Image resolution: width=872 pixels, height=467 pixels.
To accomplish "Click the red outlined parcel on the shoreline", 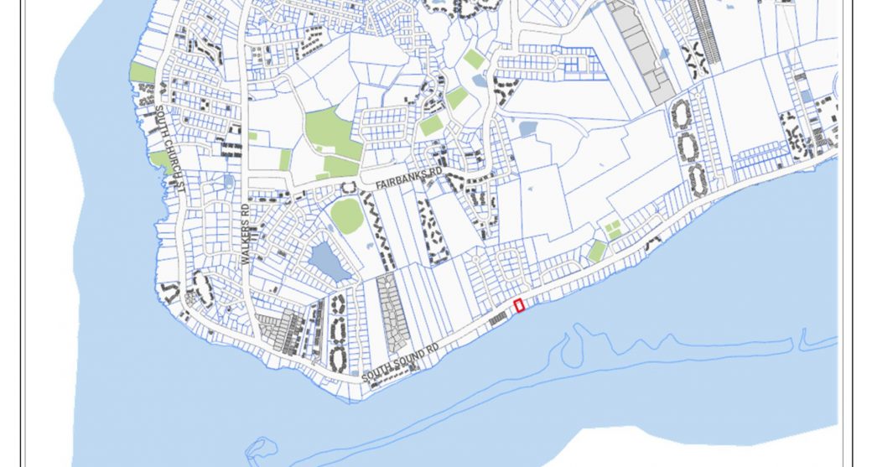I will (519, 305).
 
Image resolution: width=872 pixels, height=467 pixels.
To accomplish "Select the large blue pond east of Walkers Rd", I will (330, 262).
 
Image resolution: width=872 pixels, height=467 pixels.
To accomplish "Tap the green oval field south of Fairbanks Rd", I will (346, 215).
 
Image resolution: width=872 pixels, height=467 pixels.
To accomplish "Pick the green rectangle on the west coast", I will (143, 73).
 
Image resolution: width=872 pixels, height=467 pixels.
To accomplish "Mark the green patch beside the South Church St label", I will (161, 161).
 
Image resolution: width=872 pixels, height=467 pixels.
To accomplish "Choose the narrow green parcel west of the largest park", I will (285, 159).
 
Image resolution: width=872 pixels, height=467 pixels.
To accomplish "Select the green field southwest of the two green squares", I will (596, 251).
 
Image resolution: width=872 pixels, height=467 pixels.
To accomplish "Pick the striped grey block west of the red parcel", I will (498, 318).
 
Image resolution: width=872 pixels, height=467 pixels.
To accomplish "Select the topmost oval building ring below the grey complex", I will (682, 114).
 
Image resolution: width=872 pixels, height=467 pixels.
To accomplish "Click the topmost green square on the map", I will (474, 60).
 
